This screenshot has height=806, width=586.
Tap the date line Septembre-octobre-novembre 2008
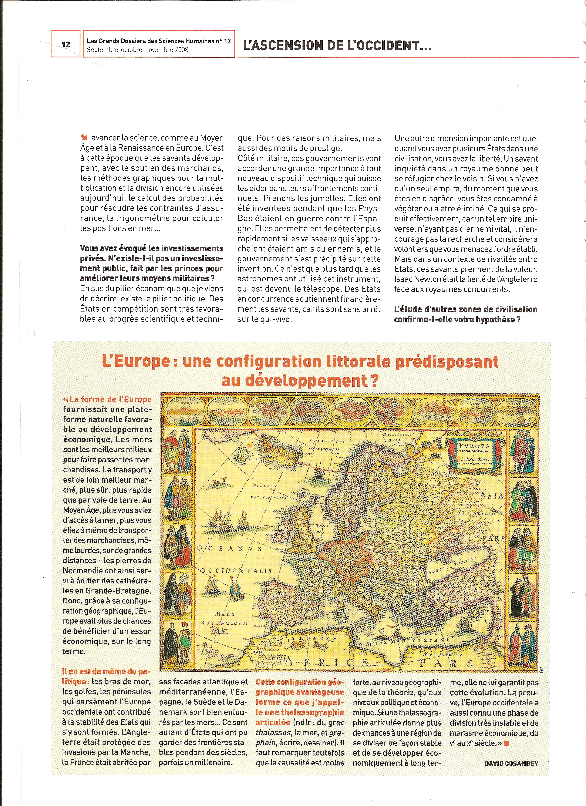(138, 50)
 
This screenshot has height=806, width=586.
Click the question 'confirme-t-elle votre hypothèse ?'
(457, 319)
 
